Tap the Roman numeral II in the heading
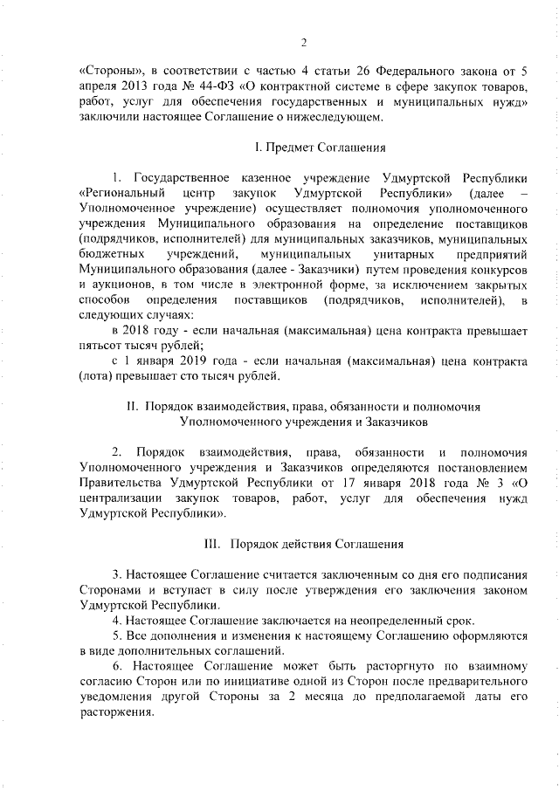tap(134, 406)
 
